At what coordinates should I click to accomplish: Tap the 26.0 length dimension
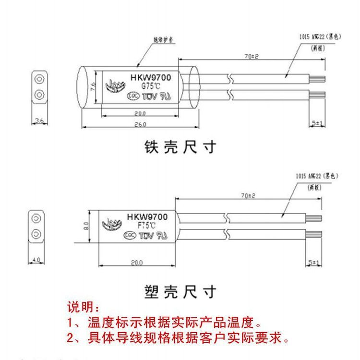pyautogui.click(x=139, y=124)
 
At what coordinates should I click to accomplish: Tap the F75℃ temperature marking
pyautogui.click(x=147, y=225)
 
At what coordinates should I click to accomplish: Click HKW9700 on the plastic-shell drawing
pyautogui.click(x=147, y=217)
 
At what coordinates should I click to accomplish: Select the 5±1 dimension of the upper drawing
pyautogui.click(x=317, y=123)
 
